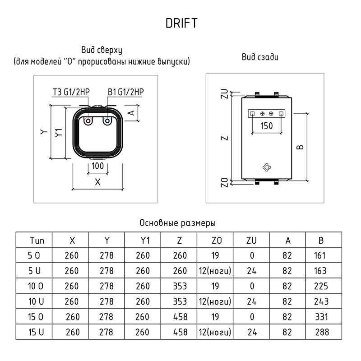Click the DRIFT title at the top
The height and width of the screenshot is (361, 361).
point(181,23)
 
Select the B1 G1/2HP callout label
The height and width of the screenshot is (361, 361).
point(126,93)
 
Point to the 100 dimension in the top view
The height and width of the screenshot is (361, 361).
point(97,166)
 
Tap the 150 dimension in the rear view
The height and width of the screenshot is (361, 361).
point(267,126)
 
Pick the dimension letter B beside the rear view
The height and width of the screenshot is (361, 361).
point(301,147)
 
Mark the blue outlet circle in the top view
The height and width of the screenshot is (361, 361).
point(107,121)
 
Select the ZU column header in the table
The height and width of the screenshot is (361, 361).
point(252,240)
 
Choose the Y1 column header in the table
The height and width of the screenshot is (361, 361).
point(143,240)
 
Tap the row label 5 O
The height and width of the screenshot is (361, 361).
point(34,255)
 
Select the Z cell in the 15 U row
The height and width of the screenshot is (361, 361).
point(179,333)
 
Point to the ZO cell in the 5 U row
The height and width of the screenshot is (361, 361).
point(215,271)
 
